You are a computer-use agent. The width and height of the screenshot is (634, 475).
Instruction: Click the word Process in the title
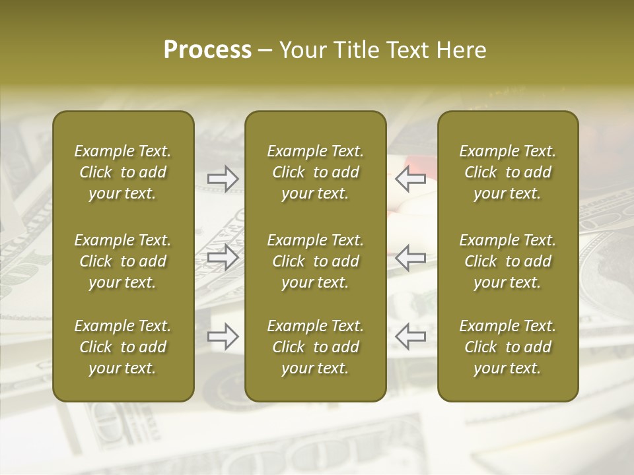pos(207,50)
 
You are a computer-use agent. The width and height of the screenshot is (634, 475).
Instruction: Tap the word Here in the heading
pos(462,50)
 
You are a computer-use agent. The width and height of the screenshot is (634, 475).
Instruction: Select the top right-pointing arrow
pos(223,178)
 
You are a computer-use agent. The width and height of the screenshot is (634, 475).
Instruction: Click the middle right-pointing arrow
pos(223,257)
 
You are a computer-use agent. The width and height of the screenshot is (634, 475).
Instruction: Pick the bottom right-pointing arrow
pos(223,336)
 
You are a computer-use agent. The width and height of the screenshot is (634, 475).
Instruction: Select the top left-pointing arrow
pos(411,178)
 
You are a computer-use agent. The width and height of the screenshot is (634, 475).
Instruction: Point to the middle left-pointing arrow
pos(411,257)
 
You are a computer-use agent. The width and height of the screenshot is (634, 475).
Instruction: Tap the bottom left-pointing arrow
pos(411,336)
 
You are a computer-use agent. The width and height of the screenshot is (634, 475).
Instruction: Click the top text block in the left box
pos(123,172)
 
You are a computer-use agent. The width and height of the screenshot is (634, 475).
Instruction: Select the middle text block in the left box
pos(123,261)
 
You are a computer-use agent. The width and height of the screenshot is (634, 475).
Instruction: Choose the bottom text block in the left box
pos(123,347)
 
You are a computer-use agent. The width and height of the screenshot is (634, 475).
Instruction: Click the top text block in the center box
pos(316,172)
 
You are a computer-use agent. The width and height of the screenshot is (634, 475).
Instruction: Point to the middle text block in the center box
pos(316,261)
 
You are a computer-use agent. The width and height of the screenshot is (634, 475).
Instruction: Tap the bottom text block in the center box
pos(316,347)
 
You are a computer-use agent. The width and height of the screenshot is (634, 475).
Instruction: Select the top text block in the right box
pos(508,172)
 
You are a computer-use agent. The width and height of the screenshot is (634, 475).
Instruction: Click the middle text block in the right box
pos(508,261)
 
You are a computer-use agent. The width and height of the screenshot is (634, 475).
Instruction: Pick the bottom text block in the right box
pos(508,347)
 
